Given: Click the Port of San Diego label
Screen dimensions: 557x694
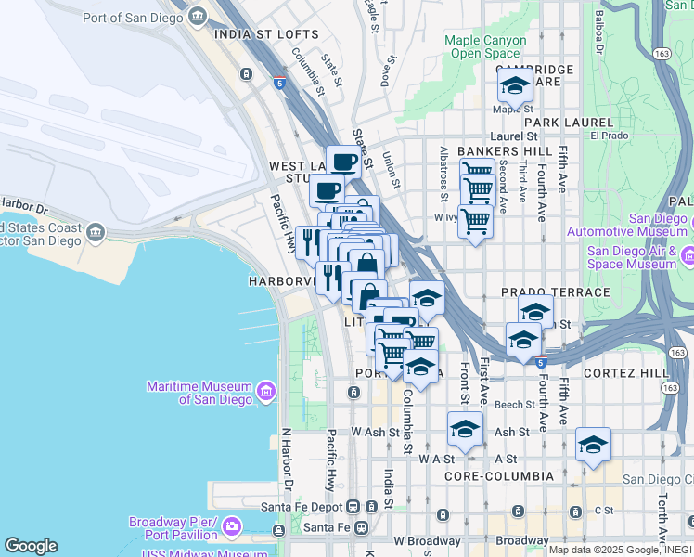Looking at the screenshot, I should tap(135, 17).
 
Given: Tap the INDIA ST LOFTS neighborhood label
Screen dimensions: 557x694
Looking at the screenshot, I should tap(265, 34).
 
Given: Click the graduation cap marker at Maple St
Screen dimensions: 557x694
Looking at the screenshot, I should tap(514, 87).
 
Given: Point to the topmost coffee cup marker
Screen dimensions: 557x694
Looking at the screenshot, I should tap(343, 161).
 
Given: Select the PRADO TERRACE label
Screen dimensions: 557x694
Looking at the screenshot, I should tap(556, 291).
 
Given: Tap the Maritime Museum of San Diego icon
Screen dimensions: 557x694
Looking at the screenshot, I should tap(266, 392).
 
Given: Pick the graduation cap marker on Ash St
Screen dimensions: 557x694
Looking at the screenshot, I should tap(465, 428).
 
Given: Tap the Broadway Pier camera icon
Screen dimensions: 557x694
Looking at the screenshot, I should tap(231, 527).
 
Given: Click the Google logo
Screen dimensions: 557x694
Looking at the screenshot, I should tap(31, 546).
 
